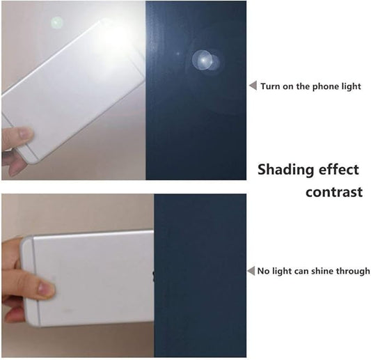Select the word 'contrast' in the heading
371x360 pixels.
(x=334, y=192)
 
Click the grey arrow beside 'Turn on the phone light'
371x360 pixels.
(x=253, y=86)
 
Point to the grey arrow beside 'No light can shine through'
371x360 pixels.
(x=251, y=271)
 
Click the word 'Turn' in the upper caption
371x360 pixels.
(x=270, y=86)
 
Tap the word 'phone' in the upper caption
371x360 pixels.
(x=323, y=87)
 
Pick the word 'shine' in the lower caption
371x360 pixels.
(x=323, y=271)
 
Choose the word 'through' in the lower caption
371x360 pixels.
(x=353, y=272)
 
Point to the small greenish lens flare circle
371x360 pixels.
(x=57, y=23)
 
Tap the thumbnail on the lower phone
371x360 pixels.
(x=44, y=288)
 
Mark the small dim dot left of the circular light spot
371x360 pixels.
(x=178, y=54)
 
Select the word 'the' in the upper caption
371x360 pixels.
(x=303, y=86)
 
